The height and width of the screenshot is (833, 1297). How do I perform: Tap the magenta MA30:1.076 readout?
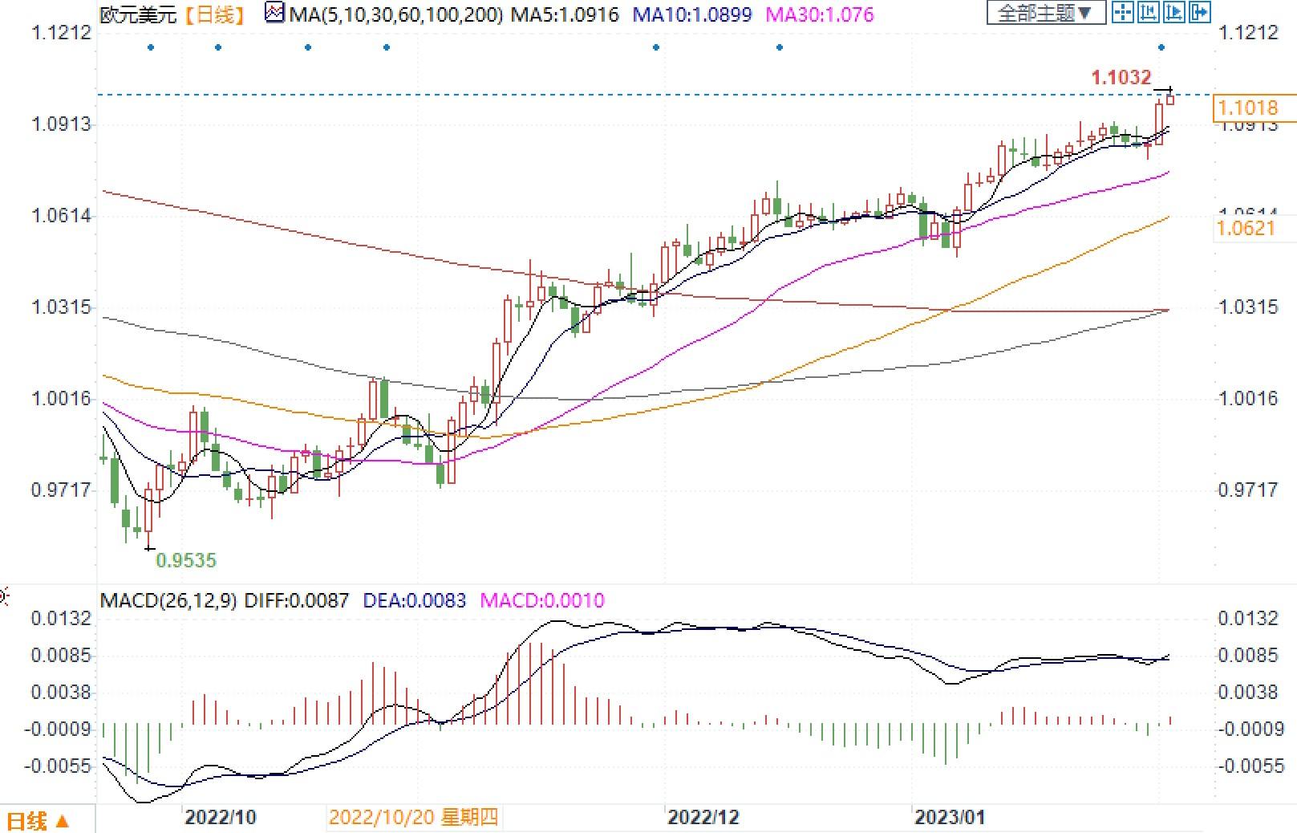(819, 14)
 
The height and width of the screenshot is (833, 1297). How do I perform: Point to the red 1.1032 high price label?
(1121, 77)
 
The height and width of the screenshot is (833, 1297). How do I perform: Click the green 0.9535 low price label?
(186, 561)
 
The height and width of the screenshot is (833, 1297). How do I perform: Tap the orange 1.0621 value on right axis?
(1246, 229)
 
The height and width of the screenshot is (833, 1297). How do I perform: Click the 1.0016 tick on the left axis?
(61, 399)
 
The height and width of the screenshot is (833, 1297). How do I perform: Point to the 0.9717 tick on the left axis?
(61, 490)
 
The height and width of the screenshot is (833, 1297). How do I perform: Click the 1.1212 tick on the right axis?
(1246, 33)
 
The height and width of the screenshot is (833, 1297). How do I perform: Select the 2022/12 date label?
(703, 818)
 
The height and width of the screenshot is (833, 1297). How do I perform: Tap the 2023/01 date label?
(949, 818)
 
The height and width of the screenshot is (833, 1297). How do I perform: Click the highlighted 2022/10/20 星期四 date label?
(413, 818)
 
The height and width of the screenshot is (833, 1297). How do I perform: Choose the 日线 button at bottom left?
(38, 821)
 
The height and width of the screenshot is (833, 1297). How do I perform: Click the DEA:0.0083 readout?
(414, 600)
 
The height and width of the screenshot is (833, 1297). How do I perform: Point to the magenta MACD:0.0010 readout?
(541, 600)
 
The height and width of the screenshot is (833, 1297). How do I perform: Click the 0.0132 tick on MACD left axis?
(61, 619)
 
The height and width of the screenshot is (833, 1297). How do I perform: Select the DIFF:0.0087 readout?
(296, 600)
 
